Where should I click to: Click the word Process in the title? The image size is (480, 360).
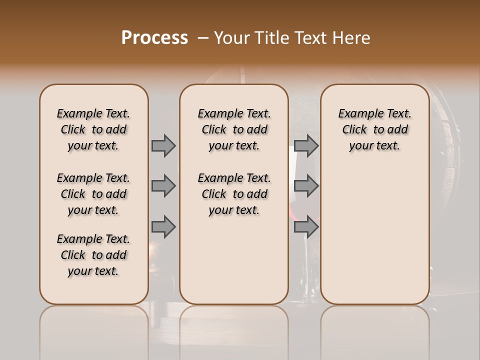(x=154, y=38)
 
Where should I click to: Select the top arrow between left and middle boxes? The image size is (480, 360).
(x=163, y=145)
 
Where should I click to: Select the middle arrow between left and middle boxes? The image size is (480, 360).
(x=163, y=186)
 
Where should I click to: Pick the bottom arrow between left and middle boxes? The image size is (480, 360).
(x=163, y=227)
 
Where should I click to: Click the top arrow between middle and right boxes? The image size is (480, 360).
(x=306, y=145)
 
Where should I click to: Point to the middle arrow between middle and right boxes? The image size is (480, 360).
(x=306, y=186)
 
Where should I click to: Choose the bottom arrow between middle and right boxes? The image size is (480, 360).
(x=306, y=227)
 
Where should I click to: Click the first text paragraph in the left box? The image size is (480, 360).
(x=93, y=129)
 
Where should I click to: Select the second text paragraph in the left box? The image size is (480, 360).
(x=93, y=194)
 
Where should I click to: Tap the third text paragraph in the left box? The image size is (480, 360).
(x=93, y=255)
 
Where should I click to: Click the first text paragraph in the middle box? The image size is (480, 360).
(x=234, y=129)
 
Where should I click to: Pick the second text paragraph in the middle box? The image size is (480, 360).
(x=234, y=194)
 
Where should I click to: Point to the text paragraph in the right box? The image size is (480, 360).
(x=374, y=129)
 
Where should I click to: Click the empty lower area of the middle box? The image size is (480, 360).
(x=234, y=260)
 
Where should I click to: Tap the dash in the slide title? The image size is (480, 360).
(x=203, y=38)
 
